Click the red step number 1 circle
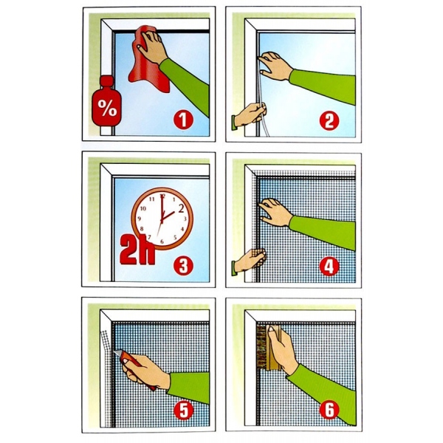(x=183, y=120)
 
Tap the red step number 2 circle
(x=329, y=120)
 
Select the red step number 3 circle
(x=183, y=266)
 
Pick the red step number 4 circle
(x=329, y=267)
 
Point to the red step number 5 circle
(x=184, y=411)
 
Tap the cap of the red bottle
(x=106, y=80)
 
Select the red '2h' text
(x=138, y=250)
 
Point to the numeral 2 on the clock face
(x=181, y=208)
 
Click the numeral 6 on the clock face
(x=162, y=241)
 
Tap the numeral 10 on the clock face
(x=143, y=209)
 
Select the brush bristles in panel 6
(x=261, y=346)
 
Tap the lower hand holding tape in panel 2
(x=250, y=114)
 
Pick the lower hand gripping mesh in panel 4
(x=250, y=261)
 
